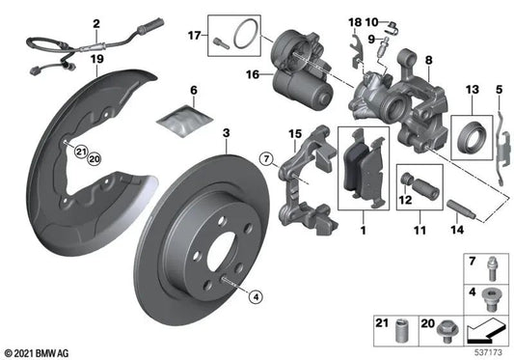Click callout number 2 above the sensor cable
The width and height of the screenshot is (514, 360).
(x=96, y=22)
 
